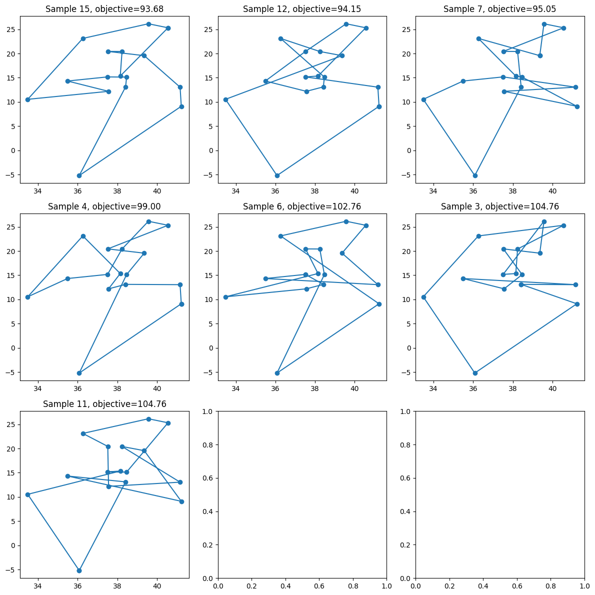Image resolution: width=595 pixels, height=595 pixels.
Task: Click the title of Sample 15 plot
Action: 104,9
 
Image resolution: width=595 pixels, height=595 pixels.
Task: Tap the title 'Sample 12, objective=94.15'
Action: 302,9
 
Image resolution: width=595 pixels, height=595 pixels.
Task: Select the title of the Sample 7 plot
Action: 499,9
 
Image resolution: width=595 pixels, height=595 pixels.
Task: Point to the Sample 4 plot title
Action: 104,206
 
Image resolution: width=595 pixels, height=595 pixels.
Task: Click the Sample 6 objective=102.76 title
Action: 302,206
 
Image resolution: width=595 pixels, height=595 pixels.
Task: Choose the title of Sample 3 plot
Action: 499,206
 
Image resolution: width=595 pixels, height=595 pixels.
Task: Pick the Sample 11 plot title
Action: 104,404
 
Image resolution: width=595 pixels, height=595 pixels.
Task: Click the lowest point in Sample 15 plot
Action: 79,175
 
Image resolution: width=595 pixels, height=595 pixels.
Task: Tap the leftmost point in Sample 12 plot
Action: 225,99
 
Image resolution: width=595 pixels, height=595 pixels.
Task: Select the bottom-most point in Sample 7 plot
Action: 475,175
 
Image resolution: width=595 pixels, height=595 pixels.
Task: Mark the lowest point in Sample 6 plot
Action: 277,373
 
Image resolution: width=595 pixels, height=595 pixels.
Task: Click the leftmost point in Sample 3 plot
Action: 423,297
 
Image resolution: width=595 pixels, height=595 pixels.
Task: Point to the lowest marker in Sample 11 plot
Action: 79,570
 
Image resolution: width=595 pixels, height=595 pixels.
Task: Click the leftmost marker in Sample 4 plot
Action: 27,297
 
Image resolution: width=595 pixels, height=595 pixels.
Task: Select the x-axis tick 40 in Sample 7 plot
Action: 552,190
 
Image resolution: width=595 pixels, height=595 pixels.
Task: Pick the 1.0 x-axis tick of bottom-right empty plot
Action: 584,585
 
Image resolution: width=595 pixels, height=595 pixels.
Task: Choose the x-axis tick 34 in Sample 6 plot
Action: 236,388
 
